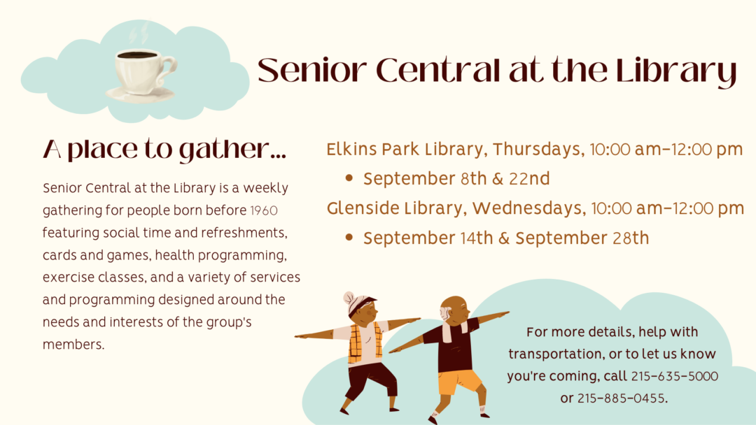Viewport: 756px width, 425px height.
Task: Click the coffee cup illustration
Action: [143, 75]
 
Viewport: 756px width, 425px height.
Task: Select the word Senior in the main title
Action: [312, 71]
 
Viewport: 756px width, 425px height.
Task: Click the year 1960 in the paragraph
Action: [264, 211]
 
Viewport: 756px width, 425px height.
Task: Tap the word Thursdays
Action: [538, 149]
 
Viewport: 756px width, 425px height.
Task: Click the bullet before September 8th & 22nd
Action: [349, 178]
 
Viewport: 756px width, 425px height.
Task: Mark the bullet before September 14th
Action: [349, 237]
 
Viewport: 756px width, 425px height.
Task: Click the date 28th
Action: [631, 238]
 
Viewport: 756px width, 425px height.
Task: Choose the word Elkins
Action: [351, 149]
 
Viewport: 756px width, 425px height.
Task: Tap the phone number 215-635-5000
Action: [675, 376]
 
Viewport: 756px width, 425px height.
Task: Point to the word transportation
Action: [556, 354]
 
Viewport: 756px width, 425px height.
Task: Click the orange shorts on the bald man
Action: [459, 382]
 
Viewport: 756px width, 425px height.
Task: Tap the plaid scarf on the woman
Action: [361, 343]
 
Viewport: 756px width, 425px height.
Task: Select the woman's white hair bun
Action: [349, 297]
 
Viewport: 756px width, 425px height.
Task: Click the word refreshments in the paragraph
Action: [244, 233]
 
